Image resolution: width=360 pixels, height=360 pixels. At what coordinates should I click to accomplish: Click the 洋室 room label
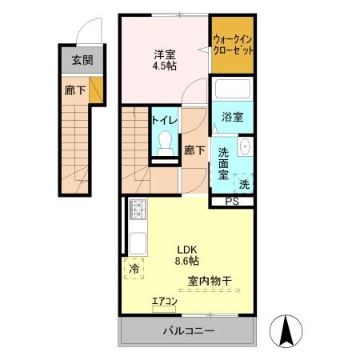click(166, 54)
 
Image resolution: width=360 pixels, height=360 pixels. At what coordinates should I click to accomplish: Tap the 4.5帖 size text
click(166, 66)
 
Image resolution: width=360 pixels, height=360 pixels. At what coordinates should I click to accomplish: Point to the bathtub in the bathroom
click(233, 92)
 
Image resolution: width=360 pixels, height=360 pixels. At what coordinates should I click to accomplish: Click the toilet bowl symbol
click(165, 143)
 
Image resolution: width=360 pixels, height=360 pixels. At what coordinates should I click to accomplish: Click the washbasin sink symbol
click(245, 149)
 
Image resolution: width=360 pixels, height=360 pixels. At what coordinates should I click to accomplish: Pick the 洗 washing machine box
click(243, 182)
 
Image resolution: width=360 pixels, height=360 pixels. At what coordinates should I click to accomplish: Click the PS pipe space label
click(232, 201)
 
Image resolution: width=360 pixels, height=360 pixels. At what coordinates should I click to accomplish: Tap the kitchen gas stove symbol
click(136, 211)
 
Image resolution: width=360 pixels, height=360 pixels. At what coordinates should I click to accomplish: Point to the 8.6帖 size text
click(187, 260)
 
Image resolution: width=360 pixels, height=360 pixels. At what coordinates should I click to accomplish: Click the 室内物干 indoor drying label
click(210, 281)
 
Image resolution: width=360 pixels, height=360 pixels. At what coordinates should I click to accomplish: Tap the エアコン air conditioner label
click(165, 302)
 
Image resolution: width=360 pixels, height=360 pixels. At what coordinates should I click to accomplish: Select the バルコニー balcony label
click(189, 331)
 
